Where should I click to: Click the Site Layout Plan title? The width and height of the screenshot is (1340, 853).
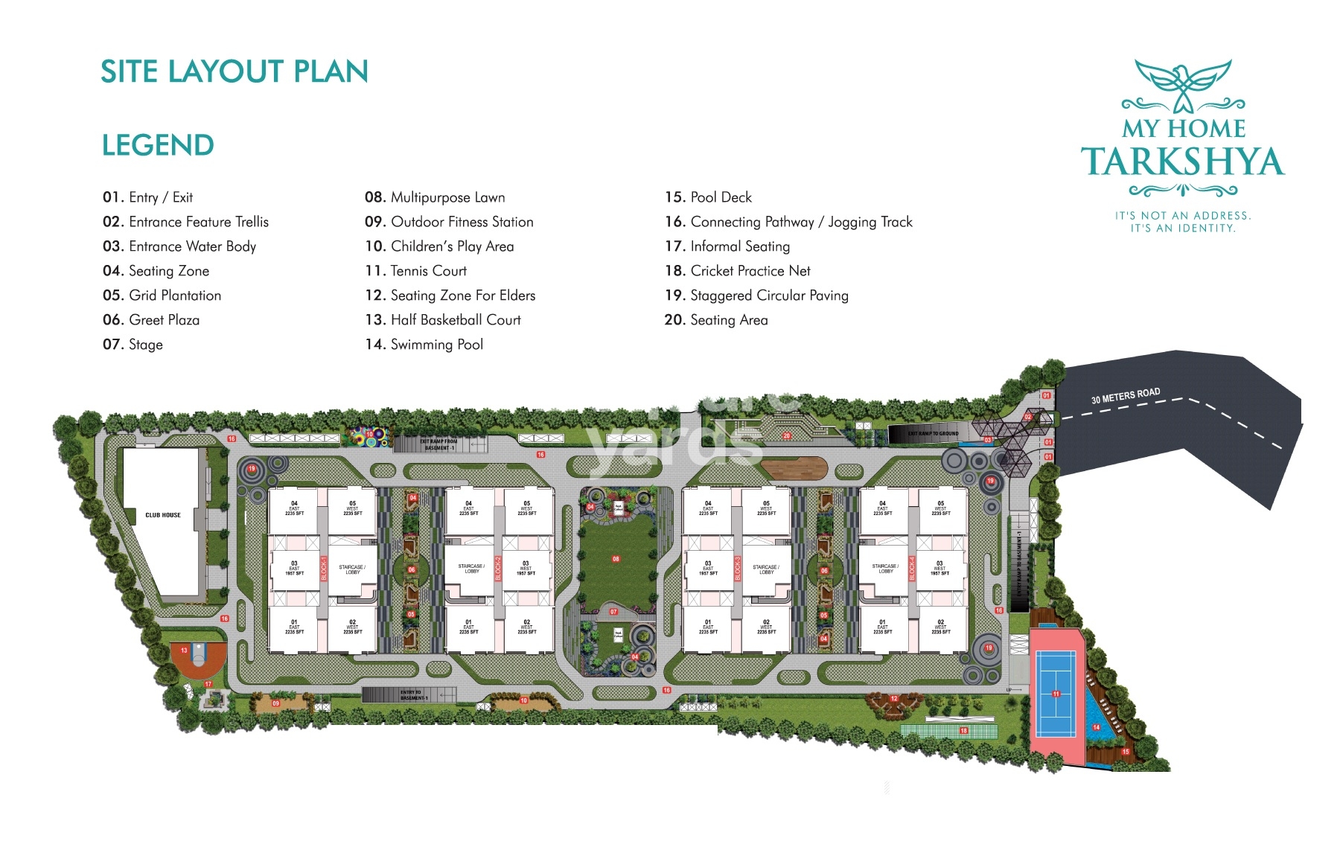click(x=234, y=71)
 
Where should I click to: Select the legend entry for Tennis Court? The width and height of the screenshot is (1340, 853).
click(x=416, y=271)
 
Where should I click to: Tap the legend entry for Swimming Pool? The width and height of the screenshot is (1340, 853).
click(x=424, y=345)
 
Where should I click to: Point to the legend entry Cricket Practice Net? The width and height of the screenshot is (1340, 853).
click(x=737, y=271)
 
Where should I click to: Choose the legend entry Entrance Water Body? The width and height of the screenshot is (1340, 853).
click(x=179, y=246)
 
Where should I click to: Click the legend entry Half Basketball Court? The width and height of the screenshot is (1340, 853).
click(x=443, y=320)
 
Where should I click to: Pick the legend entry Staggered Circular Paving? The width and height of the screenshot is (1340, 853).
click(x=756, y=295)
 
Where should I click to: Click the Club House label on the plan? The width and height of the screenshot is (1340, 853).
click(x=163, y=515)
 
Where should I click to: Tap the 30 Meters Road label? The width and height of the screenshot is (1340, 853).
click(x=1125, y=395)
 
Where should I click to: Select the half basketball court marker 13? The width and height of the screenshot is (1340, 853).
click(x=185, y=651)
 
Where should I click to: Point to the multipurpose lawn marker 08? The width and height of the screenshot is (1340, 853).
click(x=616, y=558)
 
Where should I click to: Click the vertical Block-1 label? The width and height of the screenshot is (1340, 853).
click(x=324, y=569)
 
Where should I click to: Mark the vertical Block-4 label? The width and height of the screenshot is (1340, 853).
click(x=912, y=569)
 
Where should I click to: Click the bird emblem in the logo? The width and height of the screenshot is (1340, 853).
click(x=1183, y=84)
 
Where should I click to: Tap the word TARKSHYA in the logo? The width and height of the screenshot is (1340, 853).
click(x=1183, y=162)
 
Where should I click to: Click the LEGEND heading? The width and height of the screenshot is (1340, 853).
click(x=158, y=145)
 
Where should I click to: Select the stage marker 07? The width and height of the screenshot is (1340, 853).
click(x=613, y=612)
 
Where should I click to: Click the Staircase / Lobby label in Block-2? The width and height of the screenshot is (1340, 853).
click(x=471, y=569)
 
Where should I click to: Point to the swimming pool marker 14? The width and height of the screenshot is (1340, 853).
click(x=1096, y=727)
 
